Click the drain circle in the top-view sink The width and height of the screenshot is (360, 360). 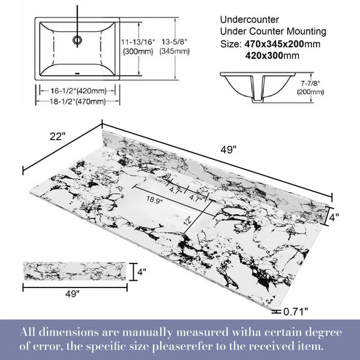point(77,40)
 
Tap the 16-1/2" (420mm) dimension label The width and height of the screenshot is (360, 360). point(79,91)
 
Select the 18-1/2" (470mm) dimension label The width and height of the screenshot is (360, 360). point(78,101)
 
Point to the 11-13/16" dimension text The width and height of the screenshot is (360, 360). point(138,42)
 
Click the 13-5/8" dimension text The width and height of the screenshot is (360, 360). point(175,42)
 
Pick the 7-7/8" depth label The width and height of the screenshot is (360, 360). point(310,83)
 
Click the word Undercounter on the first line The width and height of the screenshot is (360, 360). point(250,20)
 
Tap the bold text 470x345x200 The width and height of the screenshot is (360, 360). point(274,44)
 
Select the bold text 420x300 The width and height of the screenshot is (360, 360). point(264,56)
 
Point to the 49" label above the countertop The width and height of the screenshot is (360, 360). point(229,149)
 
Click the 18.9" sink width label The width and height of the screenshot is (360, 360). point(154,200)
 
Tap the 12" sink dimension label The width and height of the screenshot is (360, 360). point(187,221)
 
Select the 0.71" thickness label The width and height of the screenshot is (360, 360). point(296,311)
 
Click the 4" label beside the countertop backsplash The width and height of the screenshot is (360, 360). point(334,217)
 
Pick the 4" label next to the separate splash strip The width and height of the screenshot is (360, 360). point(142,272)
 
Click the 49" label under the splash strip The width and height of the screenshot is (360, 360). point(73,293)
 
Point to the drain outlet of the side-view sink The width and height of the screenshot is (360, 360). point(257,101)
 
